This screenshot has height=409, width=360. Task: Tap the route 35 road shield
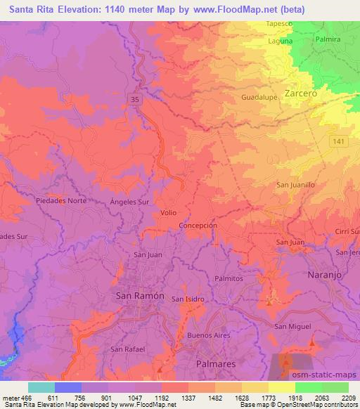pyautogui.click(x=134, y=101)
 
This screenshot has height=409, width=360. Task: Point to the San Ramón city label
pyautogui.click(x=139, y=296)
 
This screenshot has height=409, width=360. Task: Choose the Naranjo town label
pyautogui.click(x=324, y=275)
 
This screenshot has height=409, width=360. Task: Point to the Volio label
pyautogui.click(x=169, y=212)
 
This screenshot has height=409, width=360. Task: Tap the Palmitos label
pyautogui.click(x=229, y=278)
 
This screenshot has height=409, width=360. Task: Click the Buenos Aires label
pyautogui.click(x=210, y=336)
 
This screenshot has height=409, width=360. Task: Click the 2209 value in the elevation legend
pyautogui.click(x=349, y=397)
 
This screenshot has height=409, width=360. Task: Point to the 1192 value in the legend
pyautogui.click(x=161, y=397)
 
